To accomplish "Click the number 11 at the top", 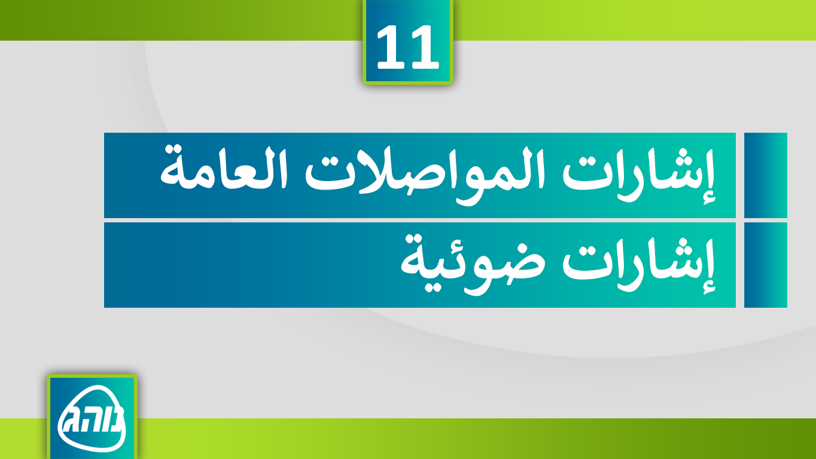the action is pos(407,47).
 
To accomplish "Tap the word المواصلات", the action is pos(424,176).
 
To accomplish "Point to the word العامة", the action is pos(224,167).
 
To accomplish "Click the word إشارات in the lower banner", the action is pos(638,265).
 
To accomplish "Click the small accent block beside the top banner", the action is pos(765,175).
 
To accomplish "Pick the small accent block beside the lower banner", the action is pos(765,265).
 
